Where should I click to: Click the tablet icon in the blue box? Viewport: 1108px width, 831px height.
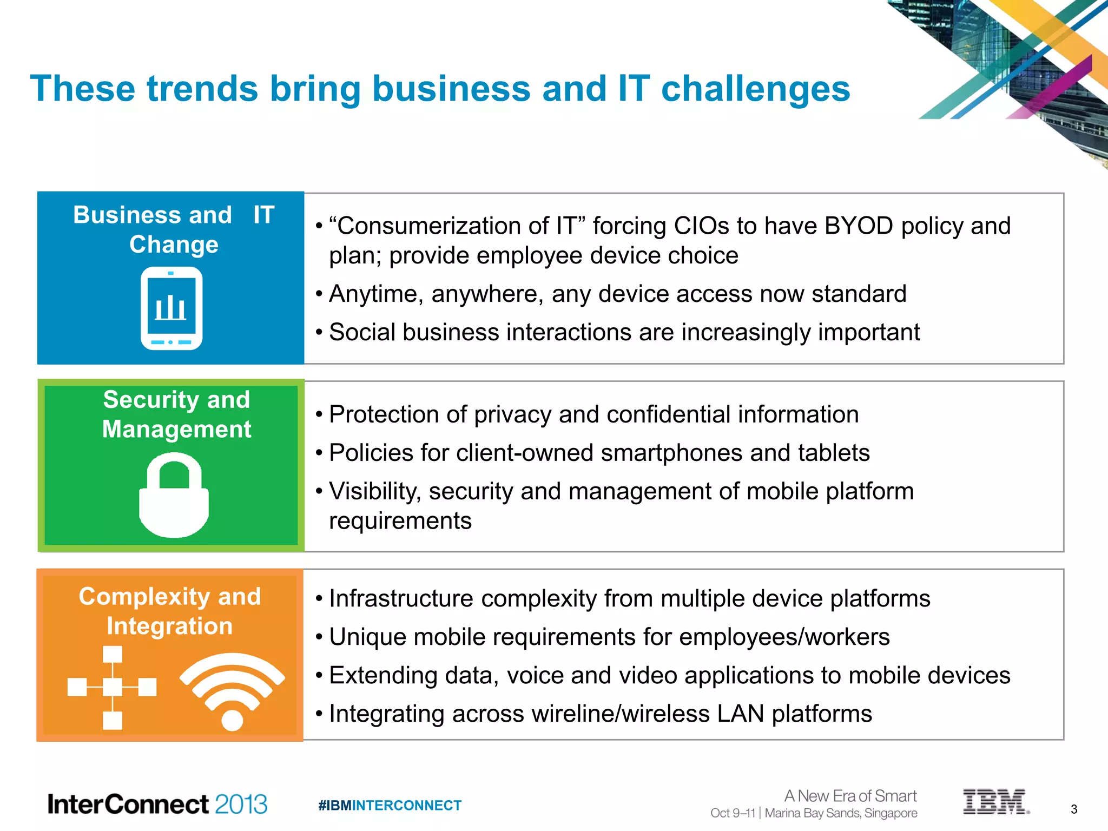click(172, 308)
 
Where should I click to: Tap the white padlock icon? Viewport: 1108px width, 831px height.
click(174, 496)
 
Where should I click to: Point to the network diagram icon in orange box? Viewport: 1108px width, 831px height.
click(112, 688)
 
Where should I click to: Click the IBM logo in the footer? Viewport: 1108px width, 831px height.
click(995, 802)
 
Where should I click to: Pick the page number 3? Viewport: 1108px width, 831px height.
click(1074, 809)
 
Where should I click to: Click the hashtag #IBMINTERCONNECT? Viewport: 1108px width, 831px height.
click(390, 806)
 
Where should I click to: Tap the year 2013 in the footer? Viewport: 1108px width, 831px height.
click(241, 804)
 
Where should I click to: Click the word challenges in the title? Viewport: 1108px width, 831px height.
click(755, 89)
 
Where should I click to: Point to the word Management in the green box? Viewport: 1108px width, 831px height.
click(176, 430)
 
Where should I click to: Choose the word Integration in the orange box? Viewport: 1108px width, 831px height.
click(169, 626)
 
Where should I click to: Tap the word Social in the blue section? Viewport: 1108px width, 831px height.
click(362, 332)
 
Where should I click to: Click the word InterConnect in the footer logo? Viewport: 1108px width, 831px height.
click(128, 804)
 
